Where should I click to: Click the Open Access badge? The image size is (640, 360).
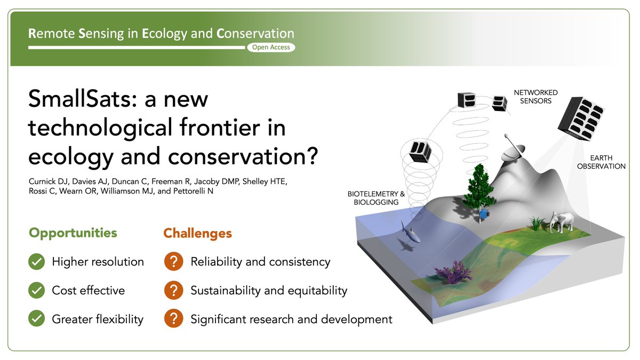[x=270, y=47]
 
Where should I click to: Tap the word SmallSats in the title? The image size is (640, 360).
[x=84, y=100]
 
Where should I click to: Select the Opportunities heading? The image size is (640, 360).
[x=73, y=233]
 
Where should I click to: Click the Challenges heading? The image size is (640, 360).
[x=197, y=233]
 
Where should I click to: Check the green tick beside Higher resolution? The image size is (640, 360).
[x=36, y=262]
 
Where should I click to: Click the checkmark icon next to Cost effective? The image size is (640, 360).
[x=36, y=291]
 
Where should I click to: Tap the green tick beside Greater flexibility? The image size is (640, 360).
[x=36, y=319]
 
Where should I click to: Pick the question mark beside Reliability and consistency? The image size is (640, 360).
[x=173, y=262]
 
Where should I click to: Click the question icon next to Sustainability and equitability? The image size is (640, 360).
[x=173, y=291]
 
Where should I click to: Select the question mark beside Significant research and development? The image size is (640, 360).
[x=173, y=319]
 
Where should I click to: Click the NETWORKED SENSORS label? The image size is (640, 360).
[x=533, y=97]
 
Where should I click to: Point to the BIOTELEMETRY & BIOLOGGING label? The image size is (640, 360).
[x=377, y=198]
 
